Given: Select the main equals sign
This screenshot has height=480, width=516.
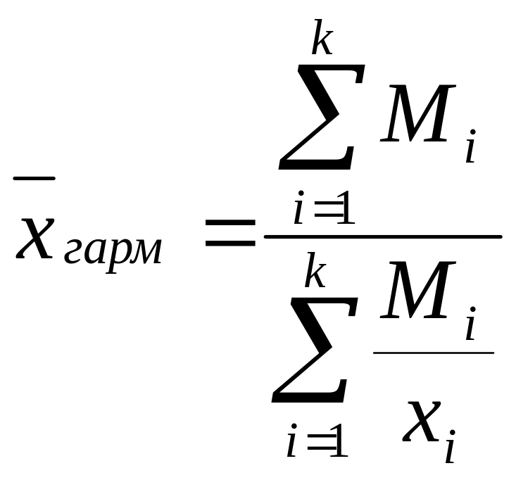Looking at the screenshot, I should tap(229, 232).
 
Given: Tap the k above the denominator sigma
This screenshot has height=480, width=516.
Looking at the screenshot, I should tap(314, 272).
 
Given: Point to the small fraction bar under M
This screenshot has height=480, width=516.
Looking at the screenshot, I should tap(433, 352).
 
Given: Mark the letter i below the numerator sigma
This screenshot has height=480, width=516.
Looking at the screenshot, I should tap(299, 211).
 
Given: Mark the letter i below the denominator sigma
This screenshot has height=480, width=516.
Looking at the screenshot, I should tap(291, 443).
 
